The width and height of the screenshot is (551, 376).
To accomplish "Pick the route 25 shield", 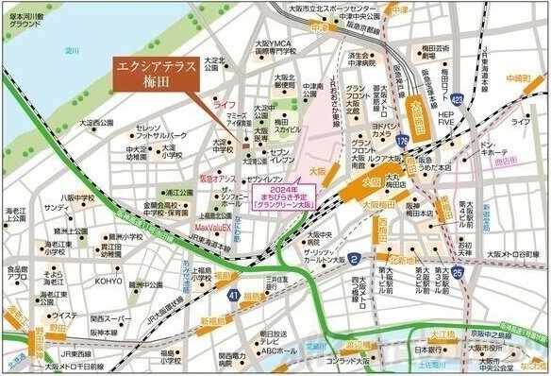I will pos(457,273).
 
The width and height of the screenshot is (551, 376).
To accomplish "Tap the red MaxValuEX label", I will pos(214,229).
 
